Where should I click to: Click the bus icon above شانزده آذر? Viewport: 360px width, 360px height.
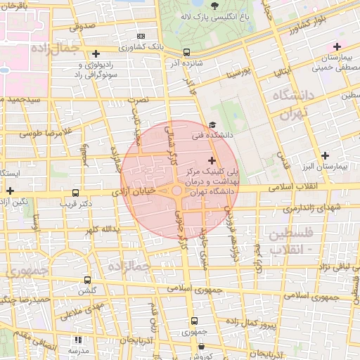[x=186, y=52]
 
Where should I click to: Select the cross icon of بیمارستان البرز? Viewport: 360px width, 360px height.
[x=324, y=155]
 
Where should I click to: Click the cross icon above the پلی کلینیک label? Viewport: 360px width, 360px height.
[x=212, y=161]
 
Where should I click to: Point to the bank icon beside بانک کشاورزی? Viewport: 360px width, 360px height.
[x=141, y=36]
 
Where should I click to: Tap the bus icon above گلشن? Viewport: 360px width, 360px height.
[x=87, y=280]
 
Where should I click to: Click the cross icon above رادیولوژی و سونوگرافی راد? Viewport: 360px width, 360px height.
[x=96, y=53]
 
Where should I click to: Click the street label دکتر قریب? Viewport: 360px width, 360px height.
[x=77, y=205]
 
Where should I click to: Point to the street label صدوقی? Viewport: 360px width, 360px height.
[x=81, y=26]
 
